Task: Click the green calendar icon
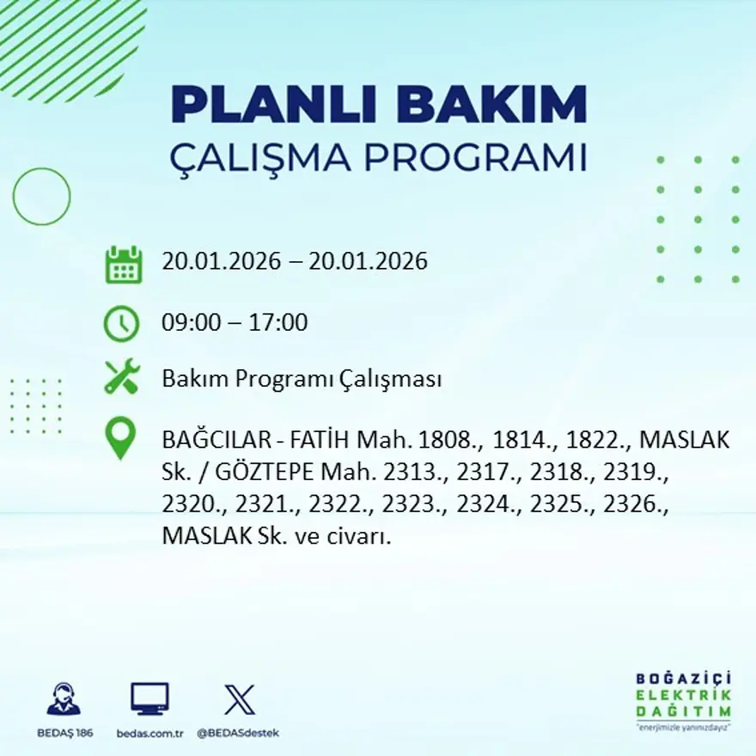coord(123,265)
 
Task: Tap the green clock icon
coord(121,324)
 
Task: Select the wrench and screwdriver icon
coord(121,378)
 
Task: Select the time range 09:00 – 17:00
coord(235,324)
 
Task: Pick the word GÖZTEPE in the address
coord(253,473)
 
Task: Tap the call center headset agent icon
coord(64,698)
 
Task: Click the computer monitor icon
coord(149,698)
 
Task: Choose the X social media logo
coord(239,698)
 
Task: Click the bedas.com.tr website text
coord(149,733)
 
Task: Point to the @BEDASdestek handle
coord(238,733)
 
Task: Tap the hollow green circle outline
coord(41,196)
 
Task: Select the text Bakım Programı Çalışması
coord(302,379)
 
